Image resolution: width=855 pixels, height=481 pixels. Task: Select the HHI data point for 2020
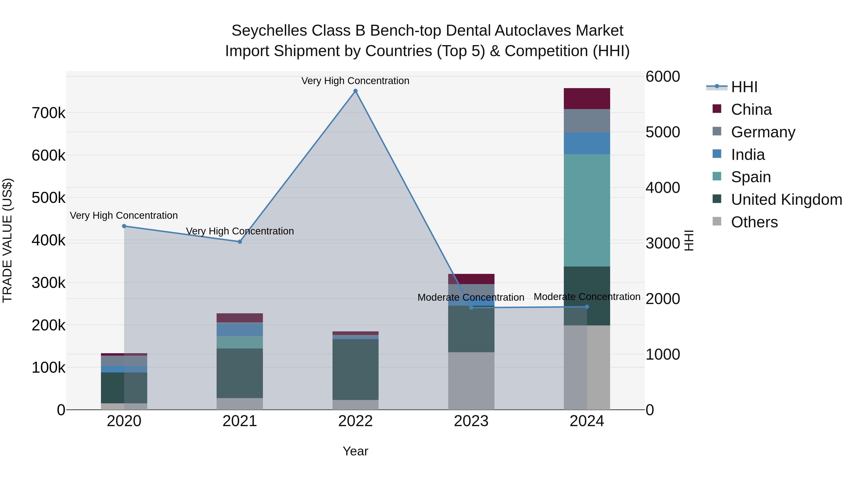124,226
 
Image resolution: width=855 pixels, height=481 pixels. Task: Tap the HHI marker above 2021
240,242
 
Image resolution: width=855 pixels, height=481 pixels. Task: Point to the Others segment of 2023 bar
471,381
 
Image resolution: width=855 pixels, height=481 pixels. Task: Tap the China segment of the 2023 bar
471,279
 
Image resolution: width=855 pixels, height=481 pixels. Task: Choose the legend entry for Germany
763,132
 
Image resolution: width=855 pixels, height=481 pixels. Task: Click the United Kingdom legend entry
786,200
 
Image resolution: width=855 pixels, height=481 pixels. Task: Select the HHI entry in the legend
744,87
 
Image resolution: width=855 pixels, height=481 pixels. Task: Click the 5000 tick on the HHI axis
662,132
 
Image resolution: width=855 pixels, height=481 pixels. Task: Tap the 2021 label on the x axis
240,421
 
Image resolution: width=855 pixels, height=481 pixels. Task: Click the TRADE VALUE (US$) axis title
7,240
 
